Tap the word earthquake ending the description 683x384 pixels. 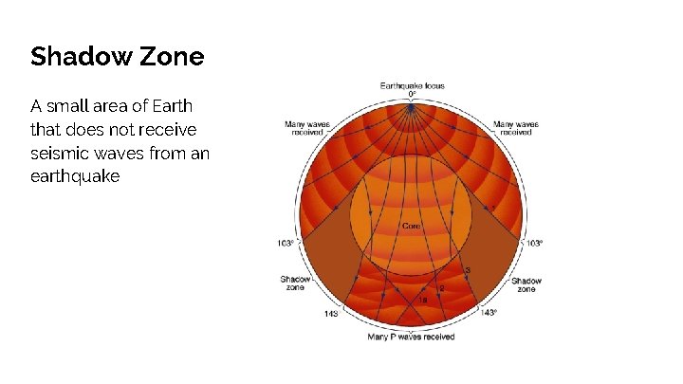coord(76,175)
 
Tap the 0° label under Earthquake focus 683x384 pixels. coord(412,94)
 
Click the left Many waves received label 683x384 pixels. coord(306,128)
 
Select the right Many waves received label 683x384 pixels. coord(517,128)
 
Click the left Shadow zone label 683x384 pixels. coord(295,283)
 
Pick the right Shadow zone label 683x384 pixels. coord(526,284)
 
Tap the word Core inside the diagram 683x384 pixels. coord(411,227)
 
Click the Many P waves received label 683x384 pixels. coord(411,337)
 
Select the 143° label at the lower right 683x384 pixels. coord(489,312)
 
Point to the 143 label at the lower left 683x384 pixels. coord(332,313)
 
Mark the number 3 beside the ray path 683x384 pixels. coord(468,271)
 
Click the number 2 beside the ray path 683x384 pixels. coord(441,287)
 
